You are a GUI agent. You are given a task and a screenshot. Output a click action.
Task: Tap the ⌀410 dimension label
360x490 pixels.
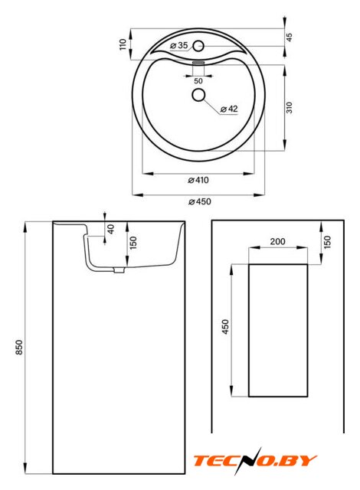click(198, 180)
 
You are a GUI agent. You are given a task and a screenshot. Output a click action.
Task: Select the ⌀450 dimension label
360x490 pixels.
click(200, 201)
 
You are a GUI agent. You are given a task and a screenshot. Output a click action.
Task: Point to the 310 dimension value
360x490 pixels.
click(290, 107)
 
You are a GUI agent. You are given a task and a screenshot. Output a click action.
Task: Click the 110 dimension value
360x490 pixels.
click(123, 44)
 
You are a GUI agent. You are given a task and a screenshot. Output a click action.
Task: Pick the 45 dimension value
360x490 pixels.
click(290, 38)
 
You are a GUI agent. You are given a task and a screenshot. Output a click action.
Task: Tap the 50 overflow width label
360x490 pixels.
click(198, 81)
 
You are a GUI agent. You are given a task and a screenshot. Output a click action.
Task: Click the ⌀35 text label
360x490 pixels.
click(179, 45)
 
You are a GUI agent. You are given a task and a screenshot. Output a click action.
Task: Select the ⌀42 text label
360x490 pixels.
click(229, 109)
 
